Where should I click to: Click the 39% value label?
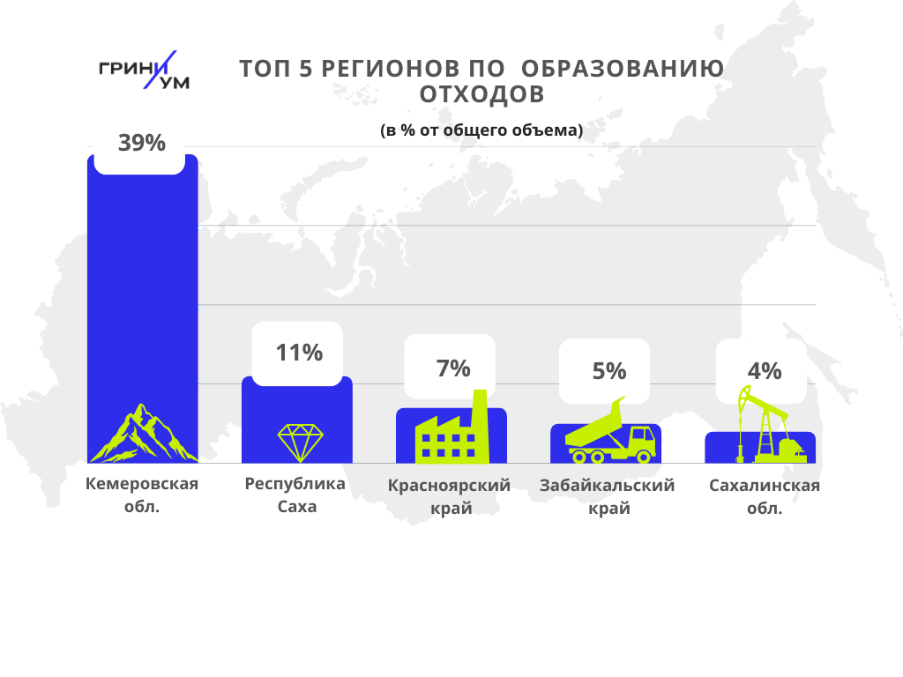point(142,143)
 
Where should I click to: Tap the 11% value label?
point(299,353)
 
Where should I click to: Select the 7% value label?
point(453,368)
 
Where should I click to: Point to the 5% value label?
point(608,371)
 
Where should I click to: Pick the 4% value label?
point(764,371)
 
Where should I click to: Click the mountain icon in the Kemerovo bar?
point(142,435)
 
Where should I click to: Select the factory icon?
point(452,432)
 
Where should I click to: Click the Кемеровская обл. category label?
point(142,495)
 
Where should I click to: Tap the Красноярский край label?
point(450,496)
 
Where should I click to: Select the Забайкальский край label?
point(607,496)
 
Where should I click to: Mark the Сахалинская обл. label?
point(765,496)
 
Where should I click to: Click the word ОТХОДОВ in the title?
point(481,93)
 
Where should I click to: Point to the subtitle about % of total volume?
point(481,130)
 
